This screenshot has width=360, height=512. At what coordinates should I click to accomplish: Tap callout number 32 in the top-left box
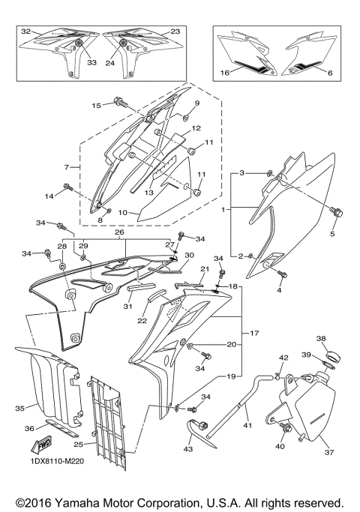26,31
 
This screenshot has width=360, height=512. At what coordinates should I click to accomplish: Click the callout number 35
20,409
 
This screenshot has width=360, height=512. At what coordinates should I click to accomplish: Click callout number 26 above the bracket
119,232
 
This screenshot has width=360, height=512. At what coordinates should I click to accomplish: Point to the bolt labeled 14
67,186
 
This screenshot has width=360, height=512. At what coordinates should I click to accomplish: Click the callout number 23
175,31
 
